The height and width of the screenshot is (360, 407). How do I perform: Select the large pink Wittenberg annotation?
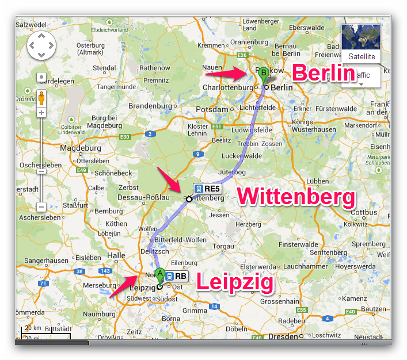(296, 197)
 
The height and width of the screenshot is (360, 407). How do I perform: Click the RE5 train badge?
(207, 188)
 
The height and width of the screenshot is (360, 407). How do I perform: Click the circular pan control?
(41, 45)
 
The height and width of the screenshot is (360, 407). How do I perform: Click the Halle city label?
(116, 255)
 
